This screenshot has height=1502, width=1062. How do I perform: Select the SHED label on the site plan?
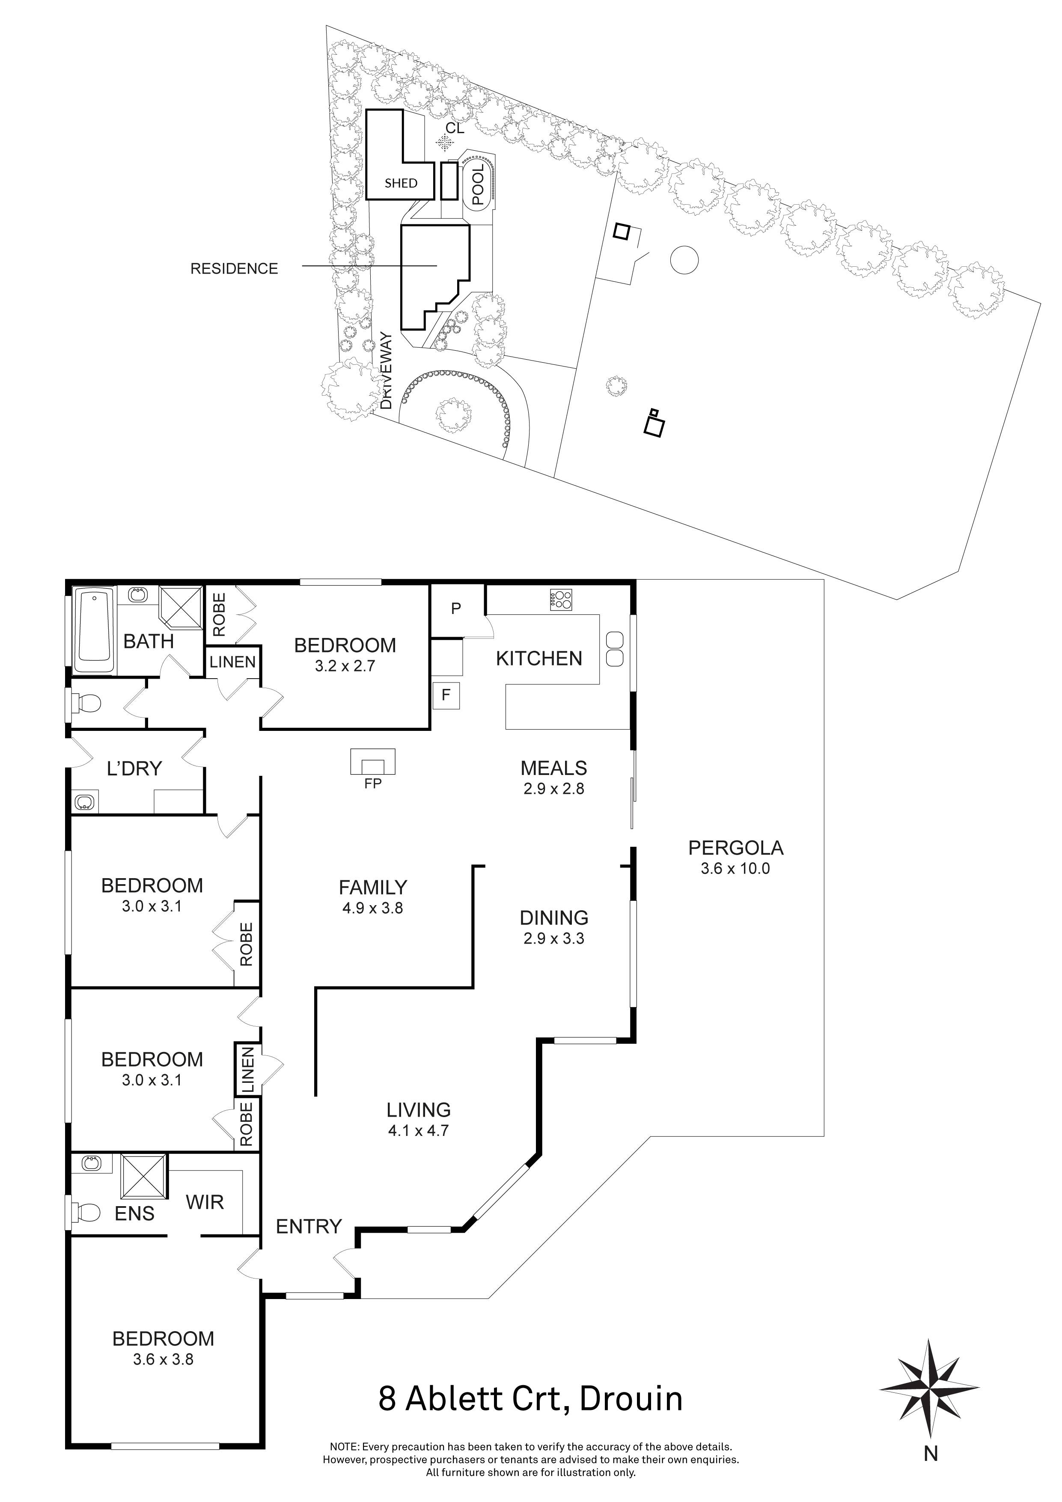[400, 183]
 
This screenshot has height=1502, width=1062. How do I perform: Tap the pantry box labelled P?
[456, 608]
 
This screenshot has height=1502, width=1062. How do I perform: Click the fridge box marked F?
[446, 695]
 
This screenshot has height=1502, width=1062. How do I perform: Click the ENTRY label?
[309, 1227]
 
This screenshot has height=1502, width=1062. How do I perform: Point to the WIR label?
[204, 1202]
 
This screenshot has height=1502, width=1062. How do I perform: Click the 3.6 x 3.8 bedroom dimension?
[163, 1359]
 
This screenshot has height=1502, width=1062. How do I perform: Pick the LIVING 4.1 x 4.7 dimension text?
[419, 1130]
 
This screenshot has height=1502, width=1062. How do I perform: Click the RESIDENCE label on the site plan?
[234, 268]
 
